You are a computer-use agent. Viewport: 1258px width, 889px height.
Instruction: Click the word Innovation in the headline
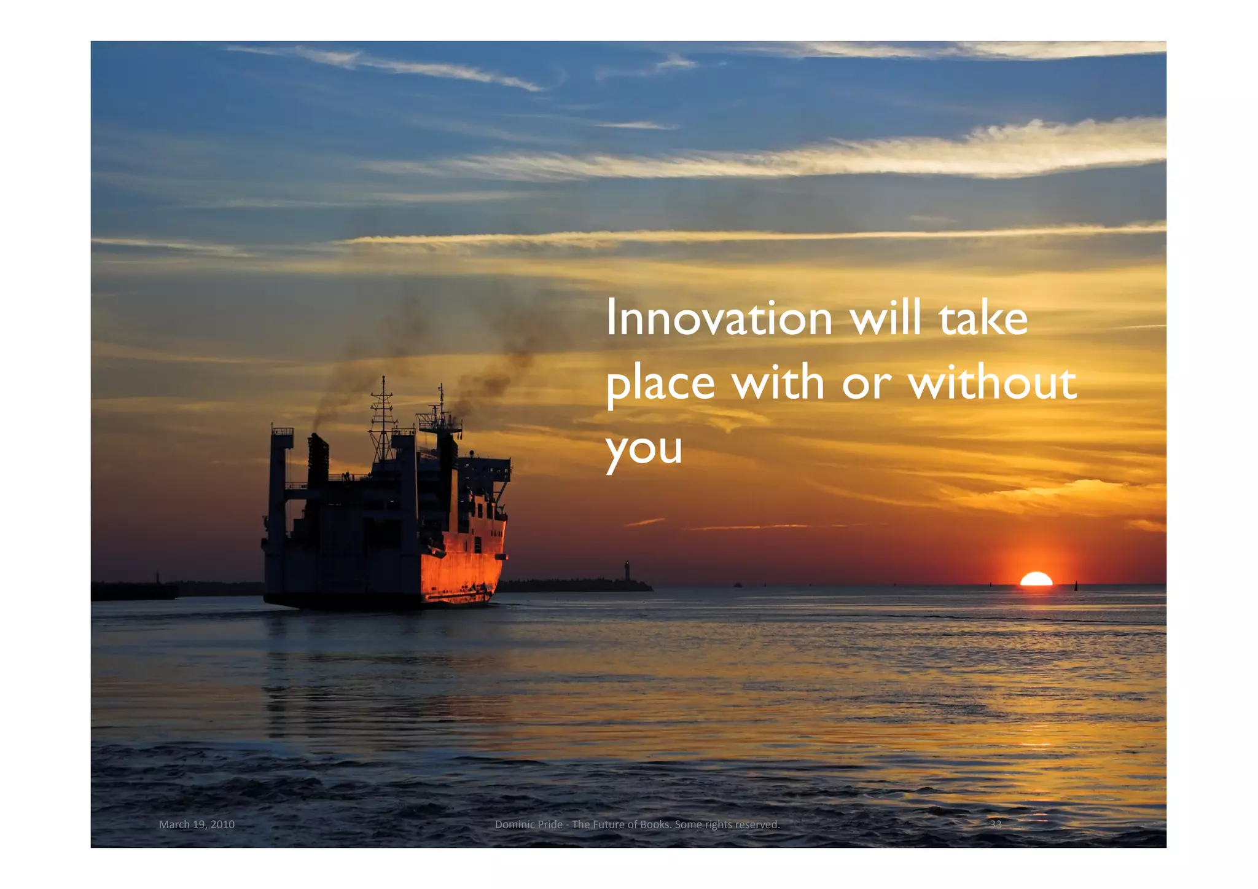pyautogui.click(x=719, y=318)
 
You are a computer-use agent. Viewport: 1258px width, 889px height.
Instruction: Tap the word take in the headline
pyautogui.click(x=983, y=318)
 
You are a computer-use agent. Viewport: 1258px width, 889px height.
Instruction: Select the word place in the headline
pyautogui.click(x=660, y=383)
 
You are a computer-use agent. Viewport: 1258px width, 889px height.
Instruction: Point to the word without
pyautogui.click(x=992, y=382)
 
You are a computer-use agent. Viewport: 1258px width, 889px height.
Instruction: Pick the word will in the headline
pyautogui.click(x=886, y=318)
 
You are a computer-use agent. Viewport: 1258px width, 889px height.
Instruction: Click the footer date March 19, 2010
pyautogui.click(x=197, y=824)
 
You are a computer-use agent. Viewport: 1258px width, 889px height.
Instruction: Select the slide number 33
pyautogui.click(x=995, y=824)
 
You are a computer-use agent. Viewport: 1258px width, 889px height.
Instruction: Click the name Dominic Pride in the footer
pyautogui.click(x=528, y=824)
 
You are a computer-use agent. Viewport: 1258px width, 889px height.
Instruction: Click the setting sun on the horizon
pyautogui.click(x=1036, y=579)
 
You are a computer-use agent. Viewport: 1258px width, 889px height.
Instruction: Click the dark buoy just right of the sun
pyautogui.click(x=1076, y=585)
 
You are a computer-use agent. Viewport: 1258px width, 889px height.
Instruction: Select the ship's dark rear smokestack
pyautogui.click(x=318, y=461)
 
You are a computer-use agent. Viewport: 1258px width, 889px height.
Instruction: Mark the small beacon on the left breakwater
pyautogui.click(x=157, y=578)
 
